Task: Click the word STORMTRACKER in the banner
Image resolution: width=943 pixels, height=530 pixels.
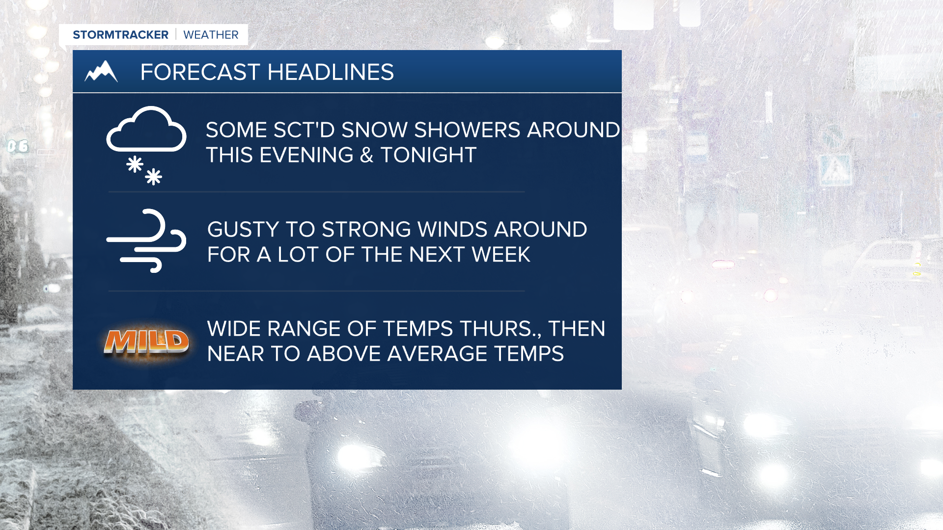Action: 120,35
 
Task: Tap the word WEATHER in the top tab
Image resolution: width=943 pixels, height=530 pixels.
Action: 211,35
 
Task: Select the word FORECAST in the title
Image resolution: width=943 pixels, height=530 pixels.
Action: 200,72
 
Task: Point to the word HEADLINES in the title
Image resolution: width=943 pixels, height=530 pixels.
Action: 331,72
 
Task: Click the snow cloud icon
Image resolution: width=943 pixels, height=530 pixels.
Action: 146,145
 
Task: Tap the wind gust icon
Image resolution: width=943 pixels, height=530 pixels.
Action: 146,240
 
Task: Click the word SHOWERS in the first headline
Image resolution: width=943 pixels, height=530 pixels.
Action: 467,130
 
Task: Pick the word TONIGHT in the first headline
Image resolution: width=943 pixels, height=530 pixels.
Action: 428,155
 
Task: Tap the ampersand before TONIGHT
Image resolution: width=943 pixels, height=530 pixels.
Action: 366,155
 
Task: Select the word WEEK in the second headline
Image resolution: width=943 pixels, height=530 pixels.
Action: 501,255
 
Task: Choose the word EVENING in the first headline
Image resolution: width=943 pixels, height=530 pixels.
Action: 306,155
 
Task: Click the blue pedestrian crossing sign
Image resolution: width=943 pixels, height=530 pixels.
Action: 835,170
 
